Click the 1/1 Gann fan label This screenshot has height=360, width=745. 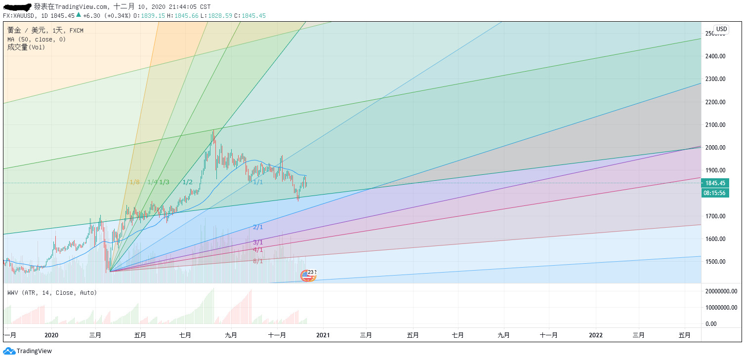point(258,182)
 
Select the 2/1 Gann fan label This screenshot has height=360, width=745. point(258,227)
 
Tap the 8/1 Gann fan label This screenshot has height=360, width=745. point(258,261)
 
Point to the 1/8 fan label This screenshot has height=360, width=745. point(134,182)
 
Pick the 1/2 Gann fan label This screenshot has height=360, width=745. point(187,182)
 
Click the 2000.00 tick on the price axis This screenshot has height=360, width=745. point(715,148)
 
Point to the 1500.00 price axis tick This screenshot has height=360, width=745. point(715,262)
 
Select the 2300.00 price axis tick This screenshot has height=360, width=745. point(715,79)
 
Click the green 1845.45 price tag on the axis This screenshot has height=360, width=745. point(715,183)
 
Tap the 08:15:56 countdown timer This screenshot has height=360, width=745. point(715,193)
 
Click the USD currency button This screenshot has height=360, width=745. point(721,29)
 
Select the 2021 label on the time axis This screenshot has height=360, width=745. point(323,335)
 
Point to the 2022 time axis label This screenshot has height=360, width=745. point(596,335)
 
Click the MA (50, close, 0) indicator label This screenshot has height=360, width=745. point(36,39)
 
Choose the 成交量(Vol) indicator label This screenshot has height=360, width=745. point(26,47)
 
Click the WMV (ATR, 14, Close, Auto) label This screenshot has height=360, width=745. point(52,293)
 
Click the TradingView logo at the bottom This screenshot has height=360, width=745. point(28,351)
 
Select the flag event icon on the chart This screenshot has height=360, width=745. point(307,276)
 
